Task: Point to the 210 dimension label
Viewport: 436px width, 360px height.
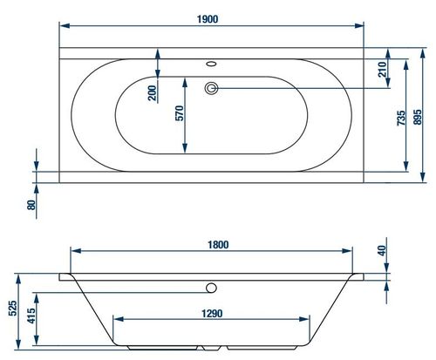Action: click(x=382, y=71)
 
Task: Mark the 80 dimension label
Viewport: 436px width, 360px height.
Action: click(x=31, y=206)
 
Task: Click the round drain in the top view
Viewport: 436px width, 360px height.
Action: click(x=210, y=87)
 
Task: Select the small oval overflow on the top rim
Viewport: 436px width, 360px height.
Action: click(x=211, y=64)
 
